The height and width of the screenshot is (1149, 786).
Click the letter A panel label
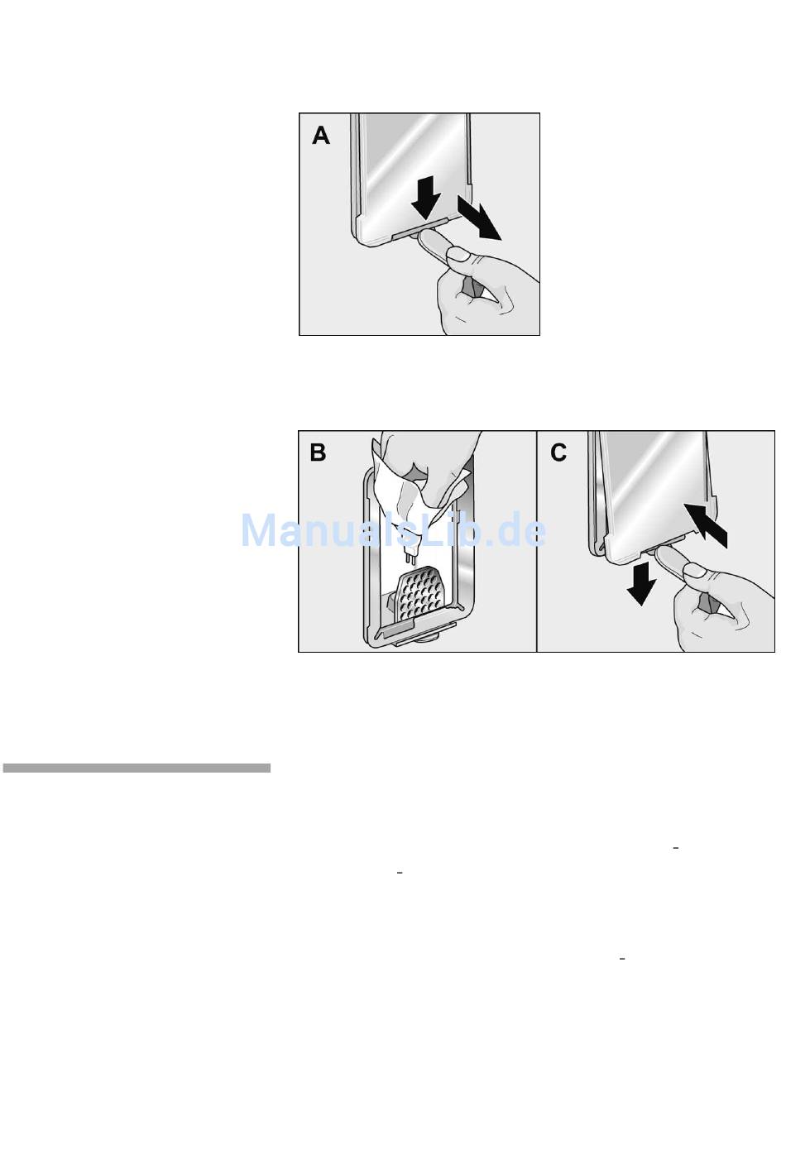pos(321,136)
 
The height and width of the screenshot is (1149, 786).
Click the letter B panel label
pos(318,452)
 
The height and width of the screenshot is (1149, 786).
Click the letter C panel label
pos(558,452)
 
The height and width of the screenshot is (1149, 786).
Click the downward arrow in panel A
pos(426,198)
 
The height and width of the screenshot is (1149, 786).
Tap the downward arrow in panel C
pos(641,583)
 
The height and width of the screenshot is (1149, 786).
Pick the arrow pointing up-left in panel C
pos(706,525)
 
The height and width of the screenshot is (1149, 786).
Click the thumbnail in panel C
pos(693,569)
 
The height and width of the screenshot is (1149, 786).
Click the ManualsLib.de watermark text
pos(394,530)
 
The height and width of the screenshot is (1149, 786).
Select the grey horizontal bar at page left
pos(137,768)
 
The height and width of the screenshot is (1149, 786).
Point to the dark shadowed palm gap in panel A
pos(472,287)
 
